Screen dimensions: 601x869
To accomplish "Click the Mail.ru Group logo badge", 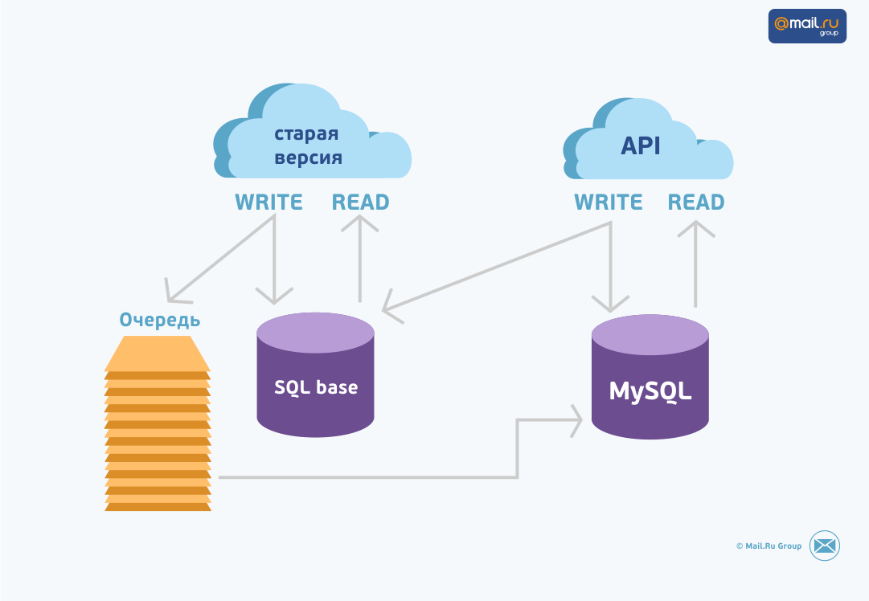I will tap(807, 26).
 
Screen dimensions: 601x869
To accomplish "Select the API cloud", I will tap(647, 145).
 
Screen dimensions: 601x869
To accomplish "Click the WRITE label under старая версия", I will tap(268, 202).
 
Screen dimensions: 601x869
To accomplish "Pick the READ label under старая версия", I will tap(360, 202).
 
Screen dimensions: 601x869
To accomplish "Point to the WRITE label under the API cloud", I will tap(609, 202).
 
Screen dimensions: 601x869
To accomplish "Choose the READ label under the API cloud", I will tap(696, 202).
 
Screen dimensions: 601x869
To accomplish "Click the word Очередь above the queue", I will tap(160, 321).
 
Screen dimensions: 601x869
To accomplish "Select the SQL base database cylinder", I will tap(316, 378).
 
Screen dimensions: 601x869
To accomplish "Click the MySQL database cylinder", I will tap(650, 379).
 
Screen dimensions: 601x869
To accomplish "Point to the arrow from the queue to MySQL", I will tap(518, 450).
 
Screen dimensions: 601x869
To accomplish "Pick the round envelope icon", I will tap(824, 546).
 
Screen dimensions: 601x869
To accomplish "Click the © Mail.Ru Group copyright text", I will tap(769, 546).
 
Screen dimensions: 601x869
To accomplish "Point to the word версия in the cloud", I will tap(309, 157).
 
